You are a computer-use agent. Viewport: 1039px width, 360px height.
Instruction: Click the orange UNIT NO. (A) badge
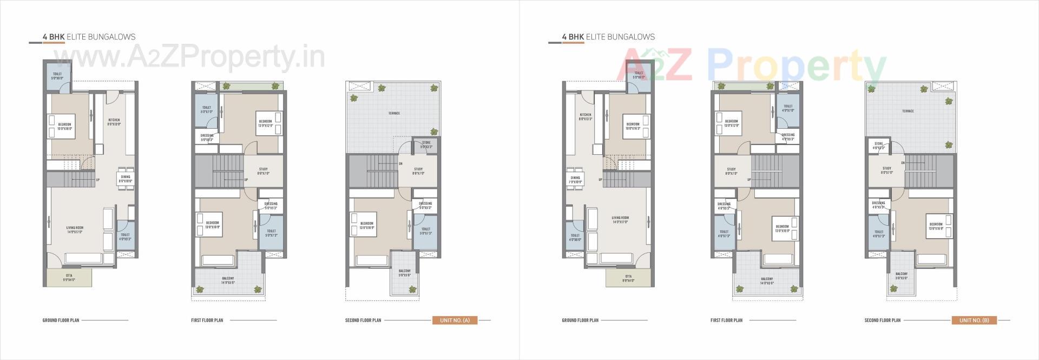pyautogui.click(x=455, y=320)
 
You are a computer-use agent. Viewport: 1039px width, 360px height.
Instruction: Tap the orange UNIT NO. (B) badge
pyautogui.click(x=974, y=320)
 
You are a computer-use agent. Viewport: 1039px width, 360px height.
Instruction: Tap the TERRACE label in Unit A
pyautogui.click(x=394, y=113)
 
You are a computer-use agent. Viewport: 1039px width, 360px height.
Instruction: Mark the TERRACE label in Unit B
pyautogui.click(x=908, y=111)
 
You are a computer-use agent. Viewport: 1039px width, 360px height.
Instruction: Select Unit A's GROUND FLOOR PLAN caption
pyautogui.click(x=61, y=320)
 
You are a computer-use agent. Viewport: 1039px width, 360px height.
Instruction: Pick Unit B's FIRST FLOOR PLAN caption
pyautogui.click(x=726, y=320)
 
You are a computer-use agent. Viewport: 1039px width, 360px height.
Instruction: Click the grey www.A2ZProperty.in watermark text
pyautogui.click(x=189, y=57)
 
